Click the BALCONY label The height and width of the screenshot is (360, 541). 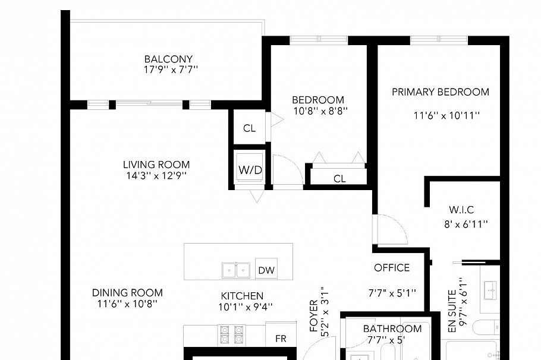pyautogui.click(x=168, y=59)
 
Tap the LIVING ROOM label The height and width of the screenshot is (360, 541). pyautogui.click(x=156, y=165)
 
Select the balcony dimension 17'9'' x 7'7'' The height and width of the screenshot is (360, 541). pyautogui.click(x=171, y=70)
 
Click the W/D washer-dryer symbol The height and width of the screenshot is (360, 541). pyautogui.click(x=250, y=170)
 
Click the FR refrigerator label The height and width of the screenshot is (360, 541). pyautogui.click(x=281, y=339)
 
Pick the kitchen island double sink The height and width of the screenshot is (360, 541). pyautogui.click(x=236, y=270)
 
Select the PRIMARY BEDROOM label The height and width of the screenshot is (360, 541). pyautogui.click(x=441, y=92)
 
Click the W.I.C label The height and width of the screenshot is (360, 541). pyautogui.click(x=461, y=210)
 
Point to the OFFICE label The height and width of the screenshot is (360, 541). pyautogui.click(x=392, y=267)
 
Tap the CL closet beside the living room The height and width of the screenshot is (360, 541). pyautogui.click(x=250, y=128)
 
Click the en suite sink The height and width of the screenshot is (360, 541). pyautogui.click(x=490, y=290)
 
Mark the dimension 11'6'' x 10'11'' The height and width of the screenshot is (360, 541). pyautogui.click(x=446, y=115)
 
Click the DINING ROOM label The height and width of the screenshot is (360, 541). pyautogui.click(x=127, y=293)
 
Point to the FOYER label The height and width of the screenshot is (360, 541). pyautogui.click(x=314, y=316)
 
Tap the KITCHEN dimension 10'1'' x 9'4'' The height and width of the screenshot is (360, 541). pyautogui.click(x=246, y=307)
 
